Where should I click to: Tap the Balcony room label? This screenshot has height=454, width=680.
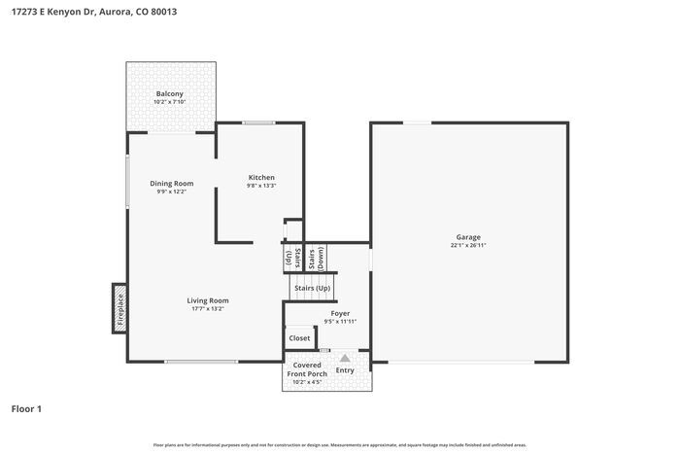[170, 94]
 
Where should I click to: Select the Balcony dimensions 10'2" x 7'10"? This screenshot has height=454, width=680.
[170, 102]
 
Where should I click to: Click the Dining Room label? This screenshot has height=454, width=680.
[171, 183]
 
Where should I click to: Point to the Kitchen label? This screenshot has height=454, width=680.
[261, 177]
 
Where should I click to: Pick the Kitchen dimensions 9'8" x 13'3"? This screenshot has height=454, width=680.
[261, 186]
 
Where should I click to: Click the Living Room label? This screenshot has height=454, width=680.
[207, 300]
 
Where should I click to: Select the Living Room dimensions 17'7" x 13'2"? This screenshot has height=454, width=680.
[207, 309]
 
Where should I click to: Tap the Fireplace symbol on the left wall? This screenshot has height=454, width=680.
[119, 307]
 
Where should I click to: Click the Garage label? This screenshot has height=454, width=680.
[468, 237]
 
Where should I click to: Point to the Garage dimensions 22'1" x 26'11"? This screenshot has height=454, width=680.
[468, 246]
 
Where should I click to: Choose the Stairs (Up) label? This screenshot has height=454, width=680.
[312, 288]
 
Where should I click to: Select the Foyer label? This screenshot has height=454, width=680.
[339, 313]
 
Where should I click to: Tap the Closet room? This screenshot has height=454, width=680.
[299, 338]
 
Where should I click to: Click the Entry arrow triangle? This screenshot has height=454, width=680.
[344, 359]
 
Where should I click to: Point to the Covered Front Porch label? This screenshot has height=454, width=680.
[307, 370]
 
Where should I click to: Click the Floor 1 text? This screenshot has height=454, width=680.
[26, 409]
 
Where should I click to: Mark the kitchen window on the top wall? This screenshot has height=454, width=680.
[257, 122]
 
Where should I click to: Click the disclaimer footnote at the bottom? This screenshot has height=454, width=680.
[339, 444]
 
